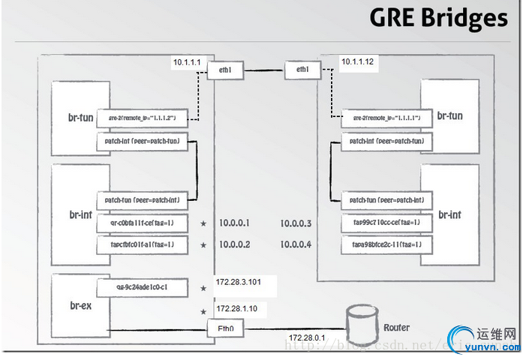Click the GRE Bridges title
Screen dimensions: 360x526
coord(438,18)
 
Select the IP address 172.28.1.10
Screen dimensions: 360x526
coord(237,308)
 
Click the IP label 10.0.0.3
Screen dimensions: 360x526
coord(296,223)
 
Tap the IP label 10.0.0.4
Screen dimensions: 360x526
coord(296,244)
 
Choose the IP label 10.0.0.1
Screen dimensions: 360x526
coord(234,223)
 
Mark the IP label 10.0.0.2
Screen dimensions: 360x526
coord(234,244)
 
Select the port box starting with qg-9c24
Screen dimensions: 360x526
coord(142,286)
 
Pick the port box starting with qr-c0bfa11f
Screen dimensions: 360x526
coord(142,223)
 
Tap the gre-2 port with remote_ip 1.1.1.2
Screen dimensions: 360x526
coord(142,118)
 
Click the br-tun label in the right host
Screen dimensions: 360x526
coord(450,116)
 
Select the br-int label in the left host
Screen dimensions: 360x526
coord(81,215)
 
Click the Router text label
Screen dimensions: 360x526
coord(396,328)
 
